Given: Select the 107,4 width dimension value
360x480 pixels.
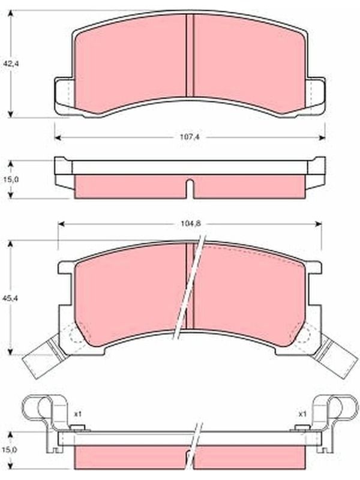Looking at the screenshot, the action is [190, 137].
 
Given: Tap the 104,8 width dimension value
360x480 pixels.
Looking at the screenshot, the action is [190, 224].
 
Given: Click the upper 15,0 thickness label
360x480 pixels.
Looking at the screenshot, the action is [11, 179].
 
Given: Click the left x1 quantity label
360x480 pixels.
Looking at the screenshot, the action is [78, 414].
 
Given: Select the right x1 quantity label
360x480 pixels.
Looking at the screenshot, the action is [302, 414].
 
